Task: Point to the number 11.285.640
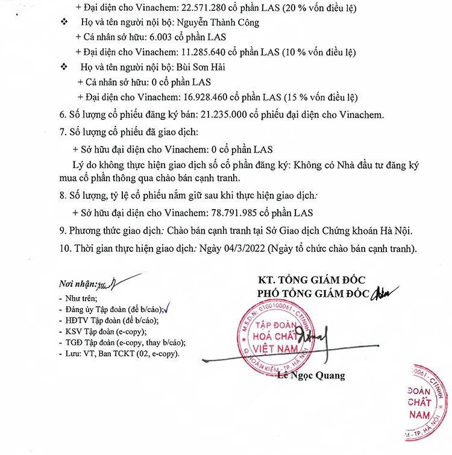coord(184,52)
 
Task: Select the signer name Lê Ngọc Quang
coord(311,376)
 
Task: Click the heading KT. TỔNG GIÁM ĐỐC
coord(311,280)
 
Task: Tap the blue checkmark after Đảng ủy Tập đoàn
coord(169,307)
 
